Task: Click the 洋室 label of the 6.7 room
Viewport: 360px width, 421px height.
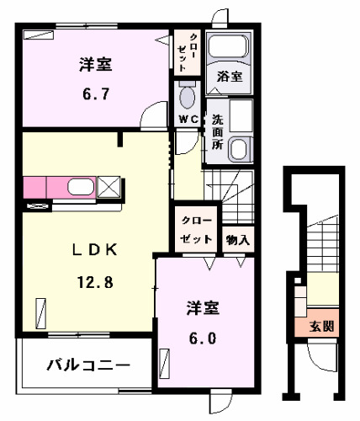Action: coord(96,64)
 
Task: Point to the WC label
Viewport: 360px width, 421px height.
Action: coord(187,120)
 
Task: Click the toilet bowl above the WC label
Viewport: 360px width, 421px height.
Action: coord(186,97)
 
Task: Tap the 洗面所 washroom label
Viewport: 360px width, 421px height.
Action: coord(217,131)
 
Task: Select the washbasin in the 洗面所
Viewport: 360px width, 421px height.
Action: coord(240,150)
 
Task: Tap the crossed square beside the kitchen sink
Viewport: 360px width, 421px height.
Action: coord(108,187)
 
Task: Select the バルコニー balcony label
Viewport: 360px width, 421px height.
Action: coord(88,365)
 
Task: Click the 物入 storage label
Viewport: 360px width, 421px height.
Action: coord(237,239)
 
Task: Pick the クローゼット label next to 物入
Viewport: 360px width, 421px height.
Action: coord(196,230)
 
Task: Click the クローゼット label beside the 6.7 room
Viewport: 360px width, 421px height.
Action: coord(188,51)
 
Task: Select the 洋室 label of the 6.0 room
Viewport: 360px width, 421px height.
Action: coord(203,308)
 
